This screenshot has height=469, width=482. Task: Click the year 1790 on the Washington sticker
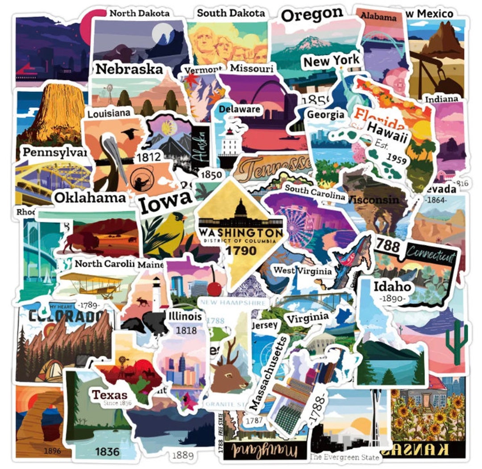coord(241,250)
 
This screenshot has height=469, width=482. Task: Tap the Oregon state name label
coord(313,16)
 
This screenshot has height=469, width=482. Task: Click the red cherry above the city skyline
coord(215,288)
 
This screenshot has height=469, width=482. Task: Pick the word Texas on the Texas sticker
coord(110,395)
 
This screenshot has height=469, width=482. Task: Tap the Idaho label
coord(392,286)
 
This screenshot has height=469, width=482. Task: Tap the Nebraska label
coord(129,69)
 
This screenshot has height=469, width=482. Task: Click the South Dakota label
coord(231,13)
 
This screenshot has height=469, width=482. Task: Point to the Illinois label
coord(185,317)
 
